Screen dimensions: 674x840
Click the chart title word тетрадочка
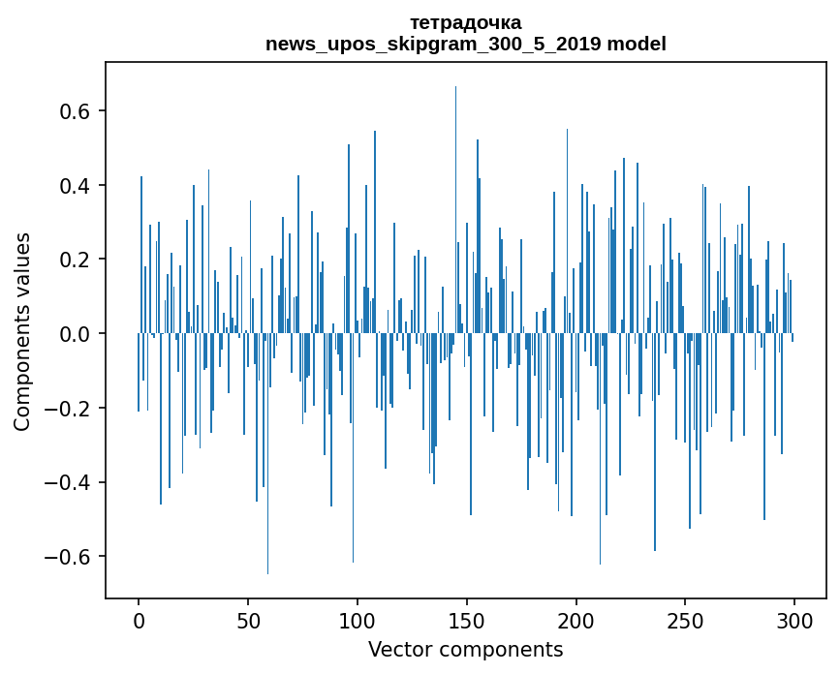click(x=465, y=22)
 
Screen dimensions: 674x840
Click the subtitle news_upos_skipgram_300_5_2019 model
click(x=465, y=44)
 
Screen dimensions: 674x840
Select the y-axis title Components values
click(x=22, y=331)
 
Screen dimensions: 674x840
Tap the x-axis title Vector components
click(x=465, y=649)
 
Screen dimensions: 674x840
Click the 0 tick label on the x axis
click(x=139, y=620)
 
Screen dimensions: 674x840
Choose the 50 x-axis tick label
click(x=248, y=620)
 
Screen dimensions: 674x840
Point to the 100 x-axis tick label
click(x=358, y=620)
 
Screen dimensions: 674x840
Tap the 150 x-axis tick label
click(x=467, y=620)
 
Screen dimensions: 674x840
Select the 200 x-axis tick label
click(x=576, y=620)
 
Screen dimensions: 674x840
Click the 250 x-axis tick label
click(x=686, y=620)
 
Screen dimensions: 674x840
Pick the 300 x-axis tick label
click(x=795, y=620)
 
